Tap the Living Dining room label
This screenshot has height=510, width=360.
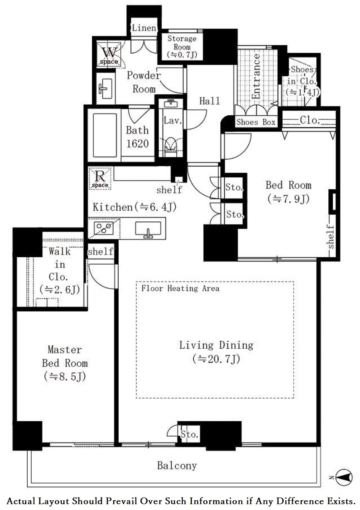point(216,352)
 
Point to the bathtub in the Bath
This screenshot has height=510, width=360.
point(105,135)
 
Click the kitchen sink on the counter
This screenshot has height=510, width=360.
point(148,230)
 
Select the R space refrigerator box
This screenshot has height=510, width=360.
point(100,178)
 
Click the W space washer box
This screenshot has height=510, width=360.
point(109,54)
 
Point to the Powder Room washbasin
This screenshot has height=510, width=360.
point(105,89)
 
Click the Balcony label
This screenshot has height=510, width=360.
point(177,465)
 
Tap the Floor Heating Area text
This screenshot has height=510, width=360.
point(180,289)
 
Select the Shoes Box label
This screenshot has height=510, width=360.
point(256,122)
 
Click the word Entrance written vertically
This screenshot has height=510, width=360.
point(256,76)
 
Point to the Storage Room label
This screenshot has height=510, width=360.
point(182,47)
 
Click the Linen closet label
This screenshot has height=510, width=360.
point(144,28)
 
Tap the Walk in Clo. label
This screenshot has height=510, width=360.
point(60,271)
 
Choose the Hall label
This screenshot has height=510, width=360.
point(210,101)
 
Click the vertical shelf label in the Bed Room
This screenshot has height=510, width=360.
point(331,237)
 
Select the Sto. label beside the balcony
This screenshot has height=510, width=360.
point(189,435)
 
